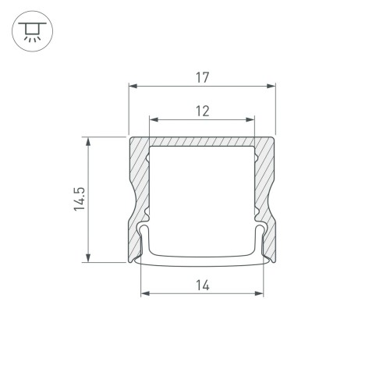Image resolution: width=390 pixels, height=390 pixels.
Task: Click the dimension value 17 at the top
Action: click(x=202, y=77)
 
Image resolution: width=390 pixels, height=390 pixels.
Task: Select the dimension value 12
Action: click(x=202, y=111)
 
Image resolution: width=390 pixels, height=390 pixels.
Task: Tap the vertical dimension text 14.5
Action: click(x=76, y=200)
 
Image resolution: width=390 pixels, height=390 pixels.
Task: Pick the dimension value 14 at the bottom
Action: click(x=202, y=285)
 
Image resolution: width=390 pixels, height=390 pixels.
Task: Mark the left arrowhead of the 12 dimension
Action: click(x=154, y=120)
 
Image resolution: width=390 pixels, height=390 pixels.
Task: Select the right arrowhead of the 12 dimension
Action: click(x=251, y=120)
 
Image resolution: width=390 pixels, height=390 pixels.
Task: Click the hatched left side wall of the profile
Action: click(x=137, y=195)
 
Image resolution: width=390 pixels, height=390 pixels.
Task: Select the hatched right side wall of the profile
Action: click(x=267, y=195)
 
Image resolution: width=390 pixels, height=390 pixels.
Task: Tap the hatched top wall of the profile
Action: click(x=202, y=141)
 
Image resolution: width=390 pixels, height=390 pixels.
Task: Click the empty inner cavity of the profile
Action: click(x=202, y=195)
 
